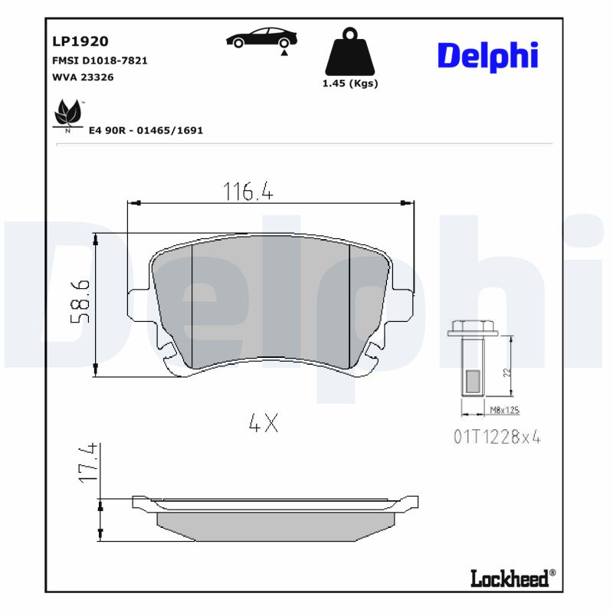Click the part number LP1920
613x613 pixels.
click(80, 41)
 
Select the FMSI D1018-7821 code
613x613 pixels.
click(100, 61)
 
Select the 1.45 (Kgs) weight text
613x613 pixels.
click(350, 84)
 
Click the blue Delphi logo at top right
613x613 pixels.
click(487, 55)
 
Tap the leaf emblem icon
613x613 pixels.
click(67, 116)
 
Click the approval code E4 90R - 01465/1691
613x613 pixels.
click(146, 130)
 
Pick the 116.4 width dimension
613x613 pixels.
click(247, 191)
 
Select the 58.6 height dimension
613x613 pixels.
click(82, 300)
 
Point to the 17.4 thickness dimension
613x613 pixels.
click(90, 462)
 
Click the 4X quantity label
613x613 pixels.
click(263, 422)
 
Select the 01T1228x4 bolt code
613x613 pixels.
click(497, 438)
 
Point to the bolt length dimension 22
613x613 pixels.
click(506, 372)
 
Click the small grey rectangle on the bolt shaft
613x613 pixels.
click(472, 380)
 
